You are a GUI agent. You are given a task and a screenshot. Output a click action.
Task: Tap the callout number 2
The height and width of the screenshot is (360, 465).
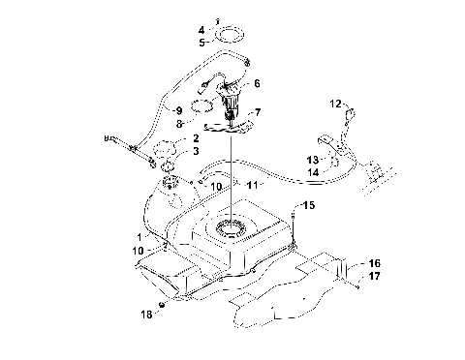(195, 139)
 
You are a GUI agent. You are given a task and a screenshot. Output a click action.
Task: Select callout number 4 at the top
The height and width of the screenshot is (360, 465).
(201, 31)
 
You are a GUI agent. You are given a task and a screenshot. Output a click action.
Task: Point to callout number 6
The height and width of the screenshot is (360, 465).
(257, 84)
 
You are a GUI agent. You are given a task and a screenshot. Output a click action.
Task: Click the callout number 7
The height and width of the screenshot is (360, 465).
(257, 112)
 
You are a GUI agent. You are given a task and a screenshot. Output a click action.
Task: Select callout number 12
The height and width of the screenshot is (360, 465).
(335, 102)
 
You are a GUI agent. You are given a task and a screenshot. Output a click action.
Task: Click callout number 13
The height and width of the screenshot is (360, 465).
(313, 159)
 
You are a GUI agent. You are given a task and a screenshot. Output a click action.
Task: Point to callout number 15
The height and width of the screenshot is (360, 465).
(309, 205)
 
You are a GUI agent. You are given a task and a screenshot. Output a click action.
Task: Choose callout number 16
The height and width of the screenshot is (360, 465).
(374, 263)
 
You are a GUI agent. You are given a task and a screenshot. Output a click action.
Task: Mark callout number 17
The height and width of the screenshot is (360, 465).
(374, 275)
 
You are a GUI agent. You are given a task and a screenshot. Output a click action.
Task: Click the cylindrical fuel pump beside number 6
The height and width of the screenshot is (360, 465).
(233, 96)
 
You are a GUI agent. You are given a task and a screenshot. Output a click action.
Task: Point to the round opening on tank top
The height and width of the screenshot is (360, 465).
(232, 229)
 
